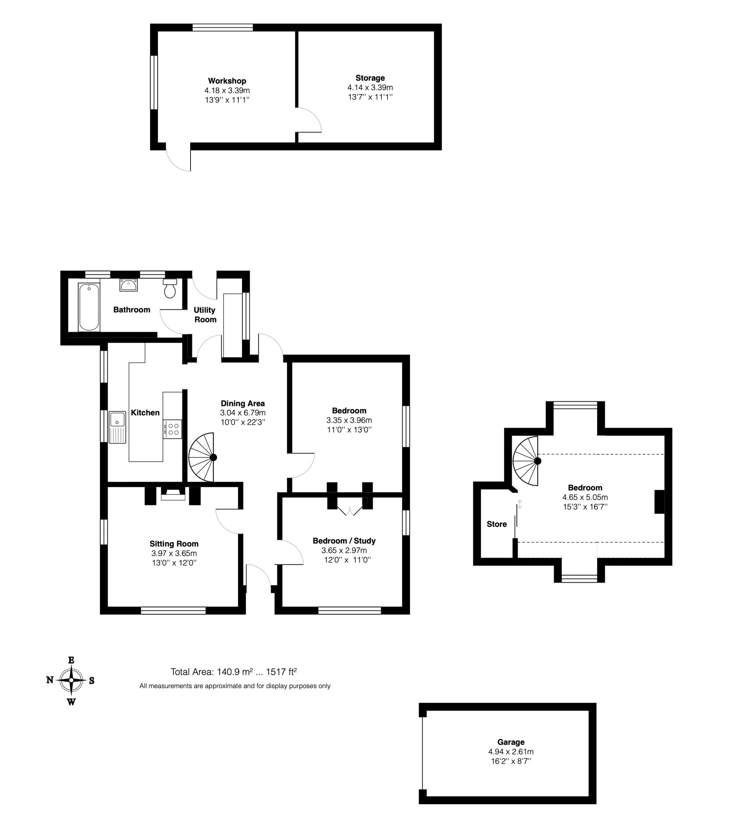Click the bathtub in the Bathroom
click(x=89, y=307)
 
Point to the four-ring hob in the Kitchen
click(x=173, y=429)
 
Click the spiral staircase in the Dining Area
click(x=203, y=457)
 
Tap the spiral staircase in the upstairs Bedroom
click(x=526, y=461)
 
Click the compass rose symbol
click(x=71, y=680)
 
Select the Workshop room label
click(x=227, y=81)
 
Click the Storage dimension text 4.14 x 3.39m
click(x=370, y=88)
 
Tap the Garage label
click(x=510, y=742)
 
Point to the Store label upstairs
click(x=496, y=524)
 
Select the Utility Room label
click(x=205, y=315)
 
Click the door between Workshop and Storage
click(x=309, y=120)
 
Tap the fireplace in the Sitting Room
click(x=173, y=494)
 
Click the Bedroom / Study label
click(x=344, y=541)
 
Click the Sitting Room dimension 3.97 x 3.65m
click(x=174, y=553)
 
